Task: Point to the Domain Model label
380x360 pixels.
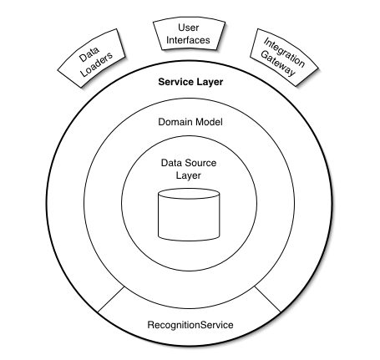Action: [190, 123]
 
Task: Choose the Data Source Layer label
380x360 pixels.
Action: [190, 170]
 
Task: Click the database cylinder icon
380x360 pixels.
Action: [190, 213]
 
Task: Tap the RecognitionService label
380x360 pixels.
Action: [190, 323]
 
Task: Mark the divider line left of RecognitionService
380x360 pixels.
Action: [111, 299]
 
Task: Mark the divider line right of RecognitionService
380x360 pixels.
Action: [268, 299]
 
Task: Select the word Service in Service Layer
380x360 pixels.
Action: [176, 84]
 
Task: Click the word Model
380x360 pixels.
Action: [208, 123]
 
